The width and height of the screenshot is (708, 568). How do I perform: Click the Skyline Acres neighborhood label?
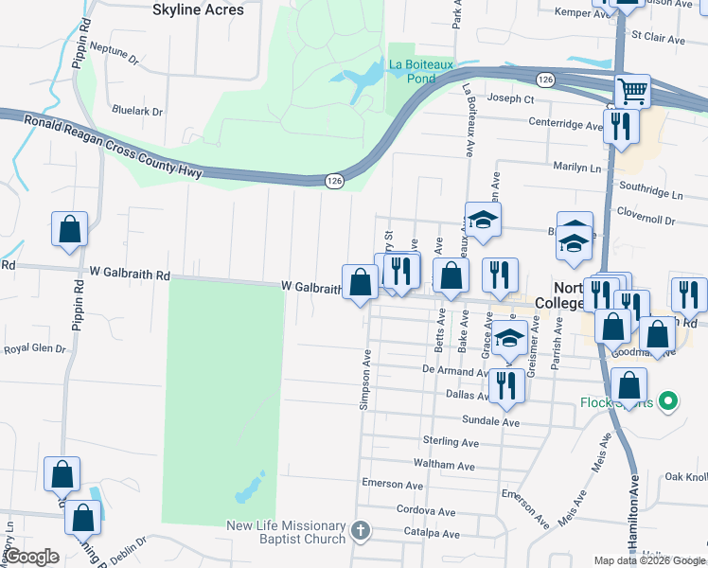point(198,9)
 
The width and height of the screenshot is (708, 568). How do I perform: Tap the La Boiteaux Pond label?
point(422,71)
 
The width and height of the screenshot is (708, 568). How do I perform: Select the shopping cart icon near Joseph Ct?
point(632,92)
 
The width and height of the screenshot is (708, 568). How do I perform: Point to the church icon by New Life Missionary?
point(360,530)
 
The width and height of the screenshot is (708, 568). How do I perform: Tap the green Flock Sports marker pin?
point(668,401)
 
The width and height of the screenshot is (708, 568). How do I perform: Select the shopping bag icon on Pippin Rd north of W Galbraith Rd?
point(69,229)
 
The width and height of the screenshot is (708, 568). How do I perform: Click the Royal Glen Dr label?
point(35,348)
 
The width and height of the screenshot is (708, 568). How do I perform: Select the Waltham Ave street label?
point(444,465)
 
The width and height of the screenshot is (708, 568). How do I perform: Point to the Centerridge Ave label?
point(565,124)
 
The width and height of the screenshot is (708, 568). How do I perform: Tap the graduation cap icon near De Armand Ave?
point(509,337)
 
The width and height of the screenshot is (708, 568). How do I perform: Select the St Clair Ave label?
point(658,38)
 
